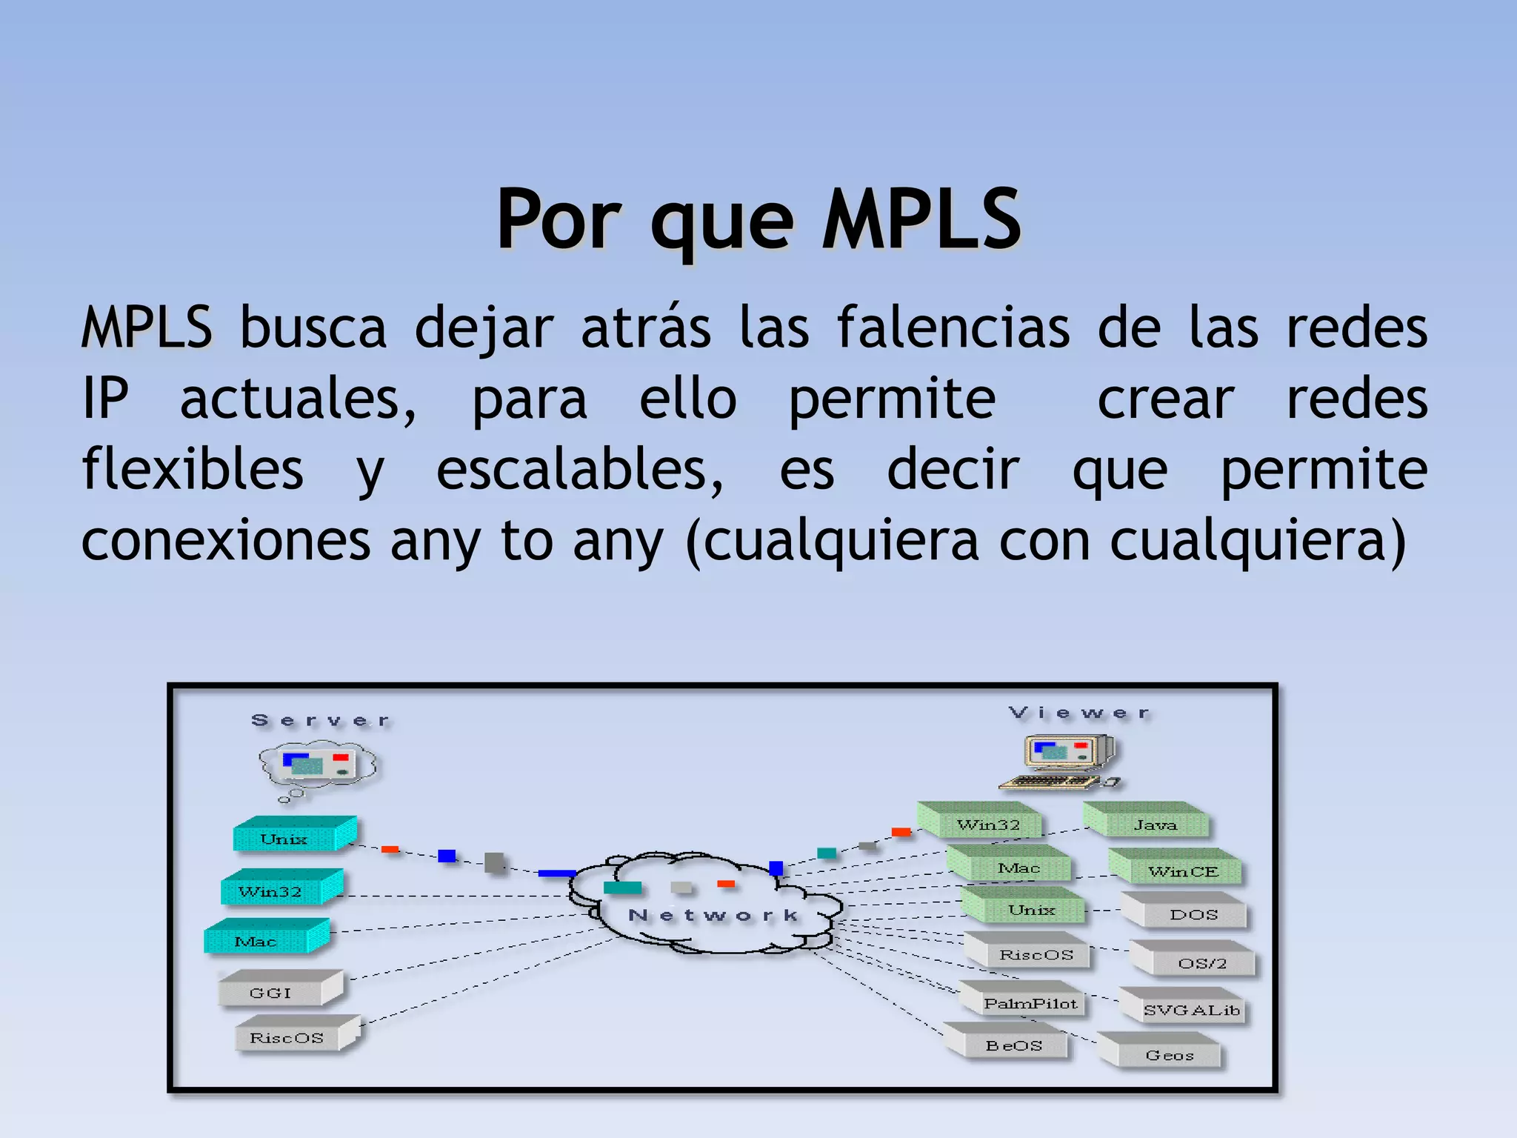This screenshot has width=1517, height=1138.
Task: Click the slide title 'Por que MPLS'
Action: [x=758, y=219]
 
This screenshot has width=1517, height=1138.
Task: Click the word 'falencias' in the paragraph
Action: [x=953, y=327]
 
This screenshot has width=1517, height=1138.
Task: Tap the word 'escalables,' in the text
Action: [x=579, y=470]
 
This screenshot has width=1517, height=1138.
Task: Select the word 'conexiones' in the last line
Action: [x=226, y=540]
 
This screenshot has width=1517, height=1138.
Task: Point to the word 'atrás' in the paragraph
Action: [x=646, y=327]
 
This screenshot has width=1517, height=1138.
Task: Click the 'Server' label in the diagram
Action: [x=321, y=720]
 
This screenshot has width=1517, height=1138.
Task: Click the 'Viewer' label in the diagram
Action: [x=1079, y=713]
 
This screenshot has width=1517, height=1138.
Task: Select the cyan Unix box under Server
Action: [x=293, y=836]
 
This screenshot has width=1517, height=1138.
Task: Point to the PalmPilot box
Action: [x=1025, y=1001]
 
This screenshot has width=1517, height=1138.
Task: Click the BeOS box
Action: [x=1010, y=1043]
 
